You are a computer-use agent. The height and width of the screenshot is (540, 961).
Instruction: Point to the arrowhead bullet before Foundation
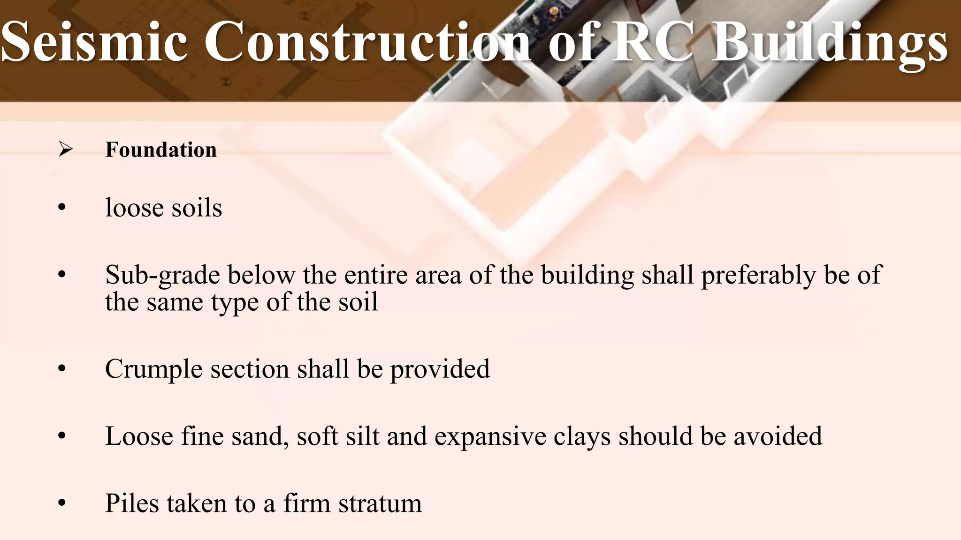tap(65, 150)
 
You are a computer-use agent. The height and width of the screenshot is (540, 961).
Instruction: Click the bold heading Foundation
tap(161, 150)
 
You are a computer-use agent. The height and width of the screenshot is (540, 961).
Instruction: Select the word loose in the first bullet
tap(134, 208)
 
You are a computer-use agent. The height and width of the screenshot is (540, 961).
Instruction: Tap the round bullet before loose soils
tap(62, 208)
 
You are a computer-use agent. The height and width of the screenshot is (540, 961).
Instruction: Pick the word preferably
tap(758, 275)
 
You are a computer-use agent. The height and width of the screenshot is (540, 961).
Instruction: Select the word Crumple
tap(153, 369)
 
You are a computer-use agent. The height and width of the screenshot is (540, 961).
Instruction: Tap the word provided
tap(440, 369)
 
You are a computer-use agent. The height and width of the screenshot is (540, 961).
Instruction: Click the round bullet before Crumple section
tap(62, 369)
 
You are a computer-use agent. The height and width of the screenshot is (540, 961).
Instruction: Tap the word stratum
tap(380, 503)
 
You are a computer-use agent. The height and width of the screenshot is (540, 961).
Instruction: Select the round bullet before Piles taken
tap(62, 503)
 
